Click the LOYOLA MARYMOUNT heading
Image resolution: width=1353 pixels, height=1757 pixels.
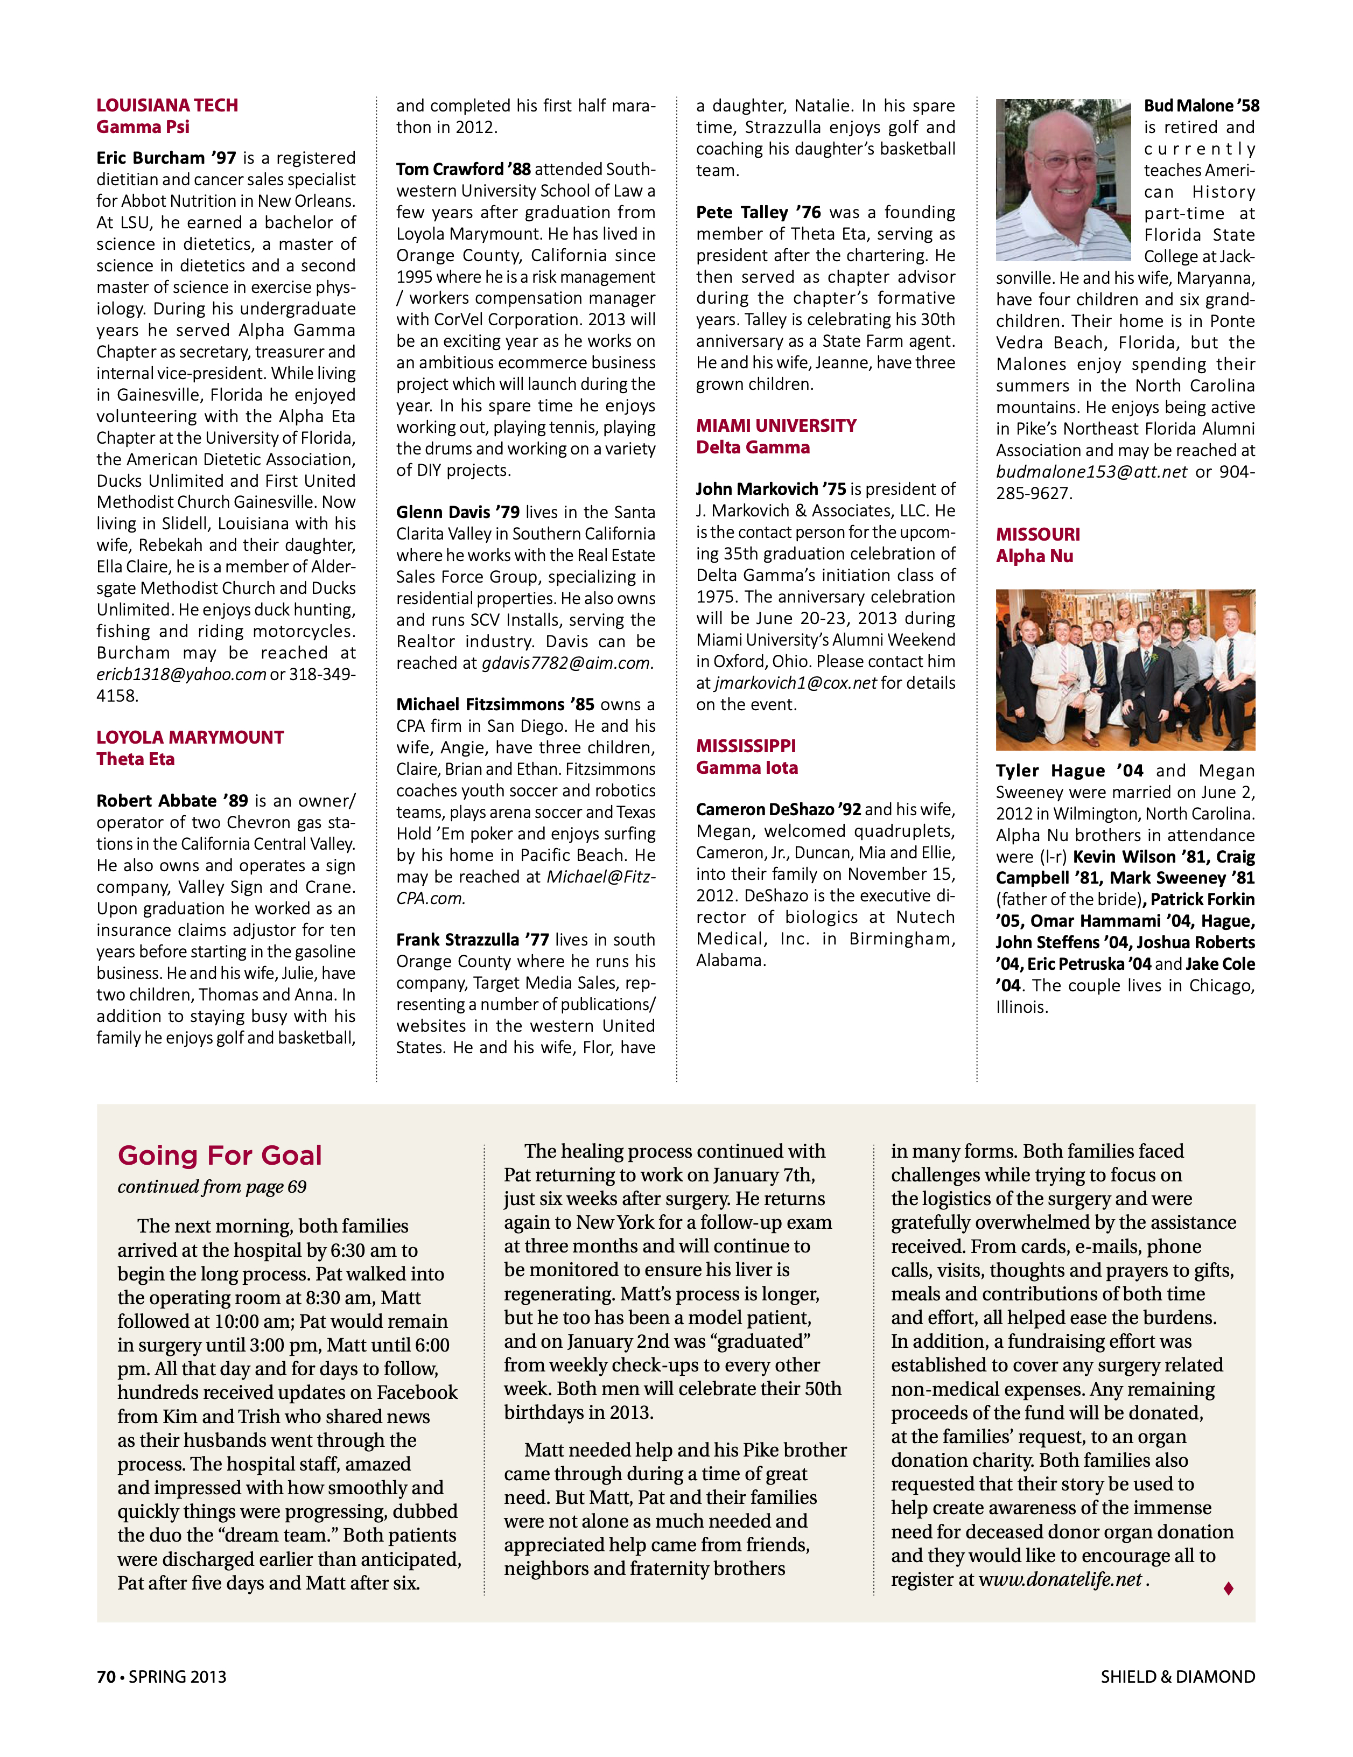[x=190, y=737]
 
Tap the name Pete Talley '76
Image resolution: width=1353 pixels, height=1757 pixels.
[x=758, y=212]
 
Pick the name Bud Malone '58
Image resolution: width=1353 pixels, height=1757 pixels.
[x=1201, y=106]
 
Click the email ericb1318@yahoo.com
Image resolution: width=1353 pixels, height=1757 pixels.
[x=181, y=674]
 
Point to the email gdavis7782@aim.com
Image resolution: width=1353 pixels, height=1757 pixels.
[x=566, y=663]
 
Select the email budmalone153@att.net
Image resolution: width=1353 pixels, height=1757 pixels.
[x=1091, y=472]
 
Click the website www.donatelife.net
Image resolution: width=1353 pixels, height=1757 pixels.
[x=1060, y=1579]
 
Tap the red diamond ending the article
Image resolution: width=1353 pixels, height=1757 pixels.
[x=1228, y=1588]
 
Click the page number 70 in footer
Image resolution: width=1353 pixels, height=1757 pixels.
[x=106, y=1677]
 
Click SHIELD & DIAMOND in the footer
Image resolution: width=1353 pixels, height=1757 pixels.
[x=1177, y=1677]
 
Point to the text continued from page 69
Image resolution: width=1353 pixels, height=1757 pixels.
[x=212, y=1187]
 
